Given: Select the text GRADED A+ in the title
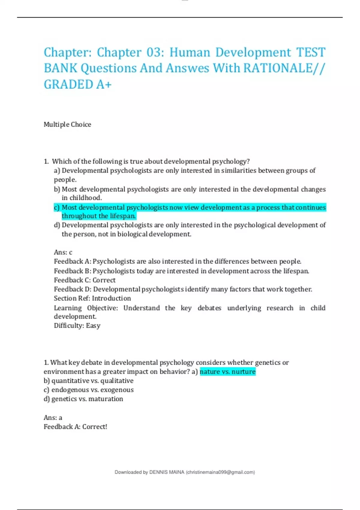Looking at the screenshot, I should pos(78,85).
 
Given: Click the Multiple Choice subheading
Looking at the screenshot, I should pos(67,124).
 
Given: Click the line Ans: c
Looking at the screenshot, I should pos(63,252).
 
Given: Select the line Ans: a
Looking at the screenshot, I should pos(53,418).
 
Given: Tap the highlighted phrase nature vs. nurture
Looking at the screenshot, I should pos(227,372).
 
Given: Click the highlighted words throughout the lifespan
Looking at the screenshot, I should pos(99,216).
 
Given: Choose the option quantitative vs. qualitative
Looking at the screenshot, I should pos(88,381).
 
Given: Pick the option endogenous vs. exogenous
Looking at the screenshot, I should pos(88,390).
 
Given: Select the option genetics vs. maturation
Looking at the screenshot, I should pos(83,399).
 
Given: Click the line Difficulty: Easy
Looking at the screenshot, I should pos(77,325).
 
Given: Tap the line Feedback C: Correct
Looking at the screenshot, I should pos(85,280).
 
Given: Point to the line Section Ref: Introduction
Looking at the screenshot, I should pos(92,298).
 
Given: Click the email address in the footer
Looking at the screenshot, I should pos(220,472).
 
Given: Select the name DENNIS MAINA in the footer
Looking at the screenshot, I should pos(167,472).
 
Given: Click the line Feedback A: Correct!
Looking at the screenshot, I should pos(75,427).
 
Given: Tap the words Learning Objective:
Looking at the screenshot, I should pos(86,308).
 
